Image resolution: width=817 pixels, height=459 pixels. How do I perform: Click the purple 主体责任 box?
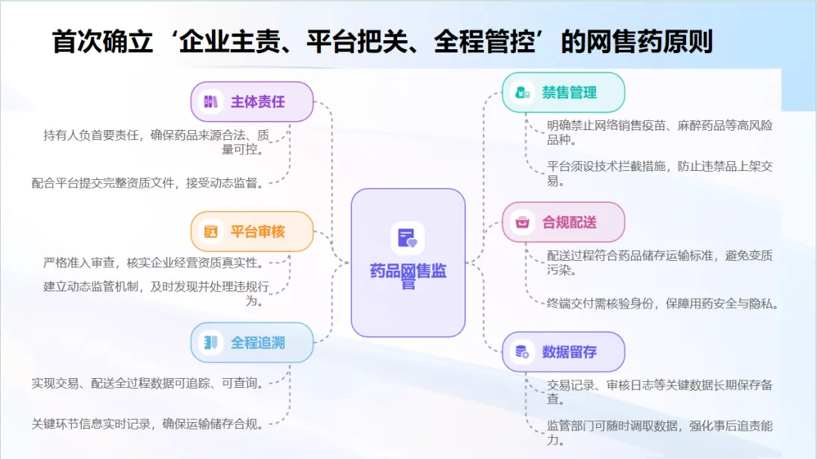(252, 102)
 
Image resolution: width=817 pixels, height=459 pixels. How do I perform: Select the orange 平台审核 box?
(252, 231)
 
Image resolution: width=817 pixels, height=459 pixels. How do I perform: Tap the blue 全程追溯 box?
(252, 343)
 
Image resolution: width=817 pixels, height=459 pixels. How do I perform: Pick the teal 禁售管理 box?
(564, 92)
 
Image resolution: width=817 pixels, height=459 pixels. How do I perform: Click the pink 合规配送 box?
(564, 222)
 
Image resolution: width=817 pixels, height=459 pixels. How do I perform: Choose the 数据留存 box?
(564, 352)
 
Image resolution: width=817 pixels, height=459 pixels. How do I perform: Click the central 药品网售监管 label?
(408, 276)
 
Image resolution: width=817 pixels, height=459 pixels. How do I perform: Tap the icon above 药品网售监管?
(407, 238)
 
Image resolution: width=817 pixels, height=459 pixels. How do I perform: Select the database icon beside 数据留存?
(522, 352)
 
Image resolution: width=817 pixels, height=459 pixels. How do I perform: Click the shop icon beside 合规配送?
(522, 222)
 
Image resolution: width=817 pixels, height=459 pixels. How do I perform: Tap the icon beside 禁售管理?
(522, 92)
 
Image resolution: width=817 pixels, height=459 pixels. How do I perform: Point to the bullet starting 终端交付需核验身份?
(663, 304)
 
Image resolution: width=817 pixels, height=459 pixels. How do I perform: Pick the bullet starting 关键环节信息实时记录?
(148, 424)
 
